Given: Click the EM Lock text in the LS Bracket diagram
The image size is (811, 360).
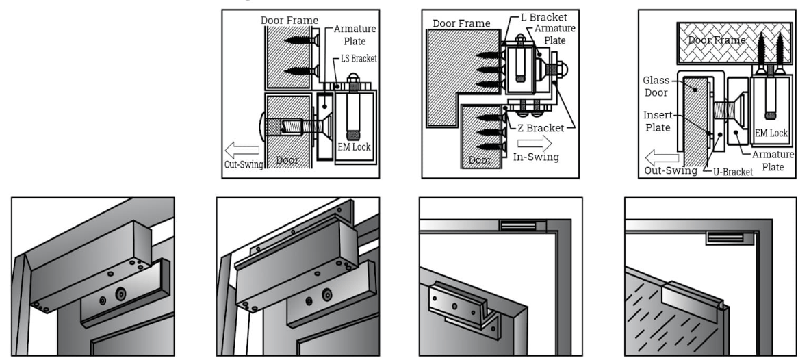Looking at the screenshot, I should tap(355, 146).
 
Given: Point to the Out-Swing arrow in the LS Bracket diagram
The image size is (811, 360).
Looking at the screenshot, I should tap(243, 150).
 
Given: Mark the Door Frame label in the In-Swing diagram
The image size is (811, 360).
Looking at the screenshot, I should tap(461, 23).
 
